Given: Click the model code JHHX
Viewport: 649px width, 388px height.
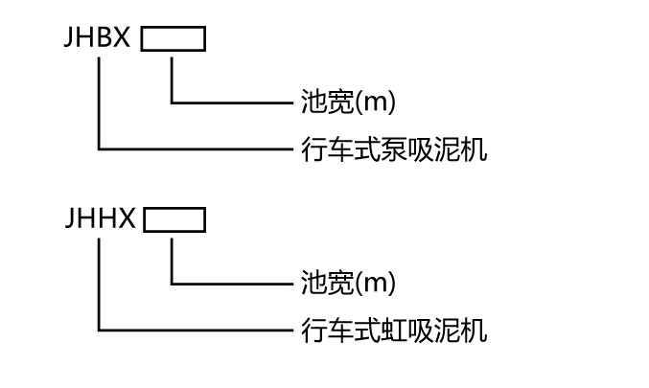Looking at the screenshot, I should [x=100, y=220].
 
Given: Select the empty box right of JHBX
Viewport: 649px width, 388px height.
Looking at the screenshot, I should [x=173, y=39].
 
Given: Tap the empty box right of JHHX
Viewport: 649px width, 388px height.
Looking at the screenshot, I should [x=174, y=220].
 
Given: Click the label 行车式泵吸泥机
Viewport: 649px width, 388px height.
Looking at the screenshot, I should [x=394, y=149].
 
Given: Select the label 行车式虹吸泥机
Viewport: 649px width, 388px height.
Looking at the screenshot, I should [x=394, y=331].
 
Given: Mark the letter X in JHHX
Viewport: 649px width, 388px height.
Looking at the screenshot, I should [x=126, y=220].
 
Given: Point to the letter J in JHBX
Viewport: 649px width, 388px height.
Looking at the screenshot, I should [x=71, y=39].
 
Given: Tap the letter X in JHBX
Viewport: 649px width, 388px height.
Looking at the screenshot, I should [x=125, y=39].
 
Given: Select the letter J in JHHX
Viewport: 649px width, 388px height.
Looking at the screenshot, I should [x=71, y=220].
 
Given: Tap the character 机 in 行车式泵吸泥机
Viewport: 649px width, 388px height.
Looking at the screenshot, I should [x=475, y=149].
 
